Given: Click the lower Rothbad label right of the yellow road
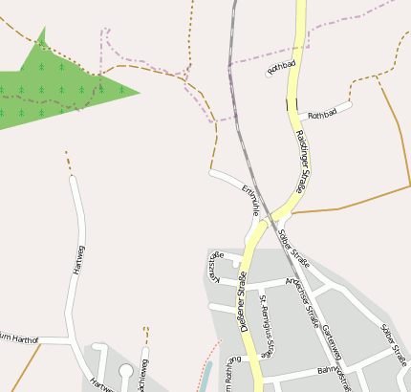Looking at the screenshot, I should coord(323,114).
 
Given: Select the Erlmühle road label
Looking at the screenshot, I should coord(251,198).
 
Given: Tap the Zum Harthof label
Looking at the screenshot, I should coord(19,337).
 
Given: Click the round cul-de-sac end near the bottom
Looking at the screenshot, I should coord(126,370).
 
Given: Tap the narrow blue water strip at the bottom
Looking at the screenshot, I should coord(202,379).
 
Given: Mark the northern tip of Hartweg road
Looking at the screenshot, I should coord(73,179).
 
